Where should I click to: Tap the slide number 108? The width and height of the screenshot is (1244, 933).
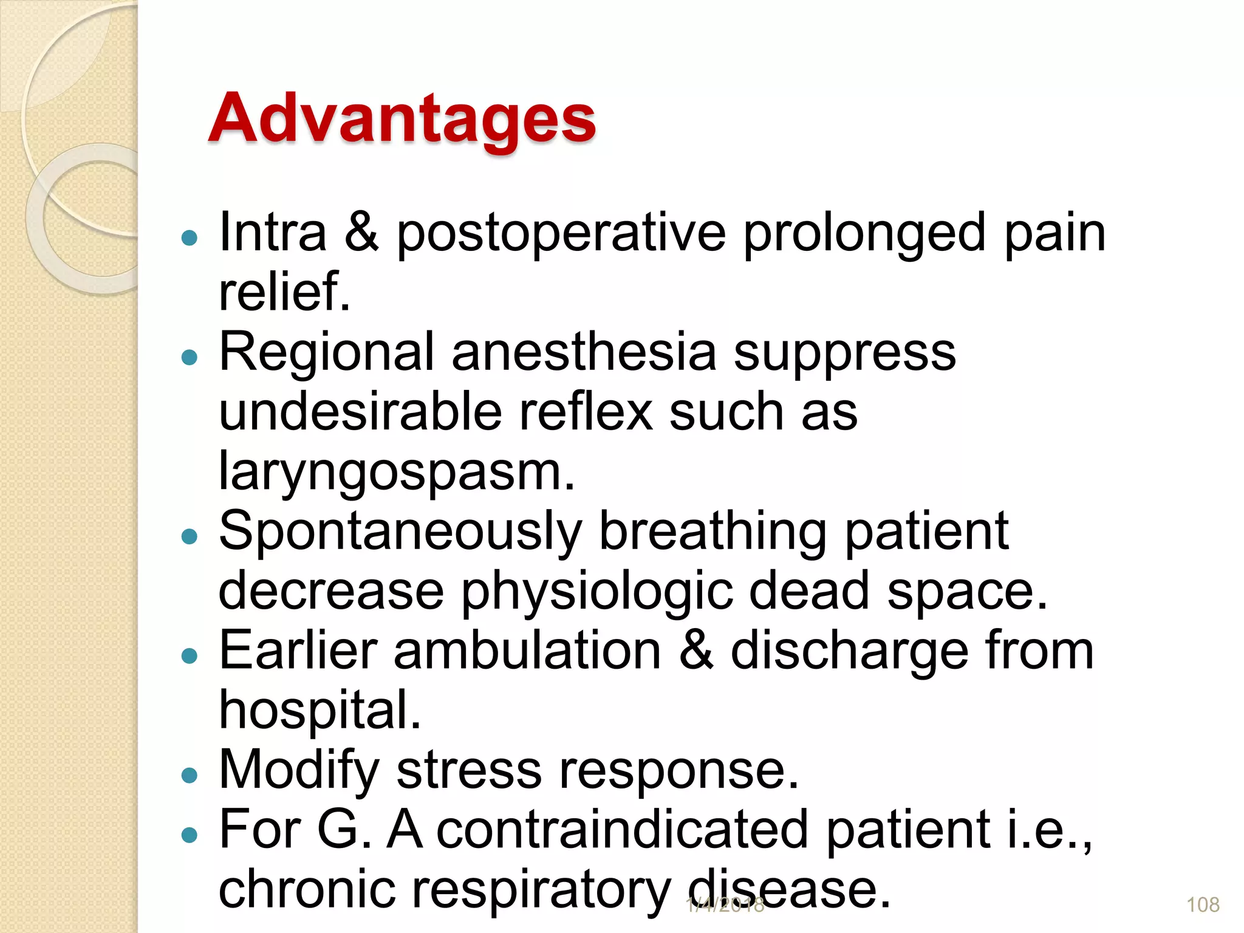pyautogui.click(x=1203, y=905)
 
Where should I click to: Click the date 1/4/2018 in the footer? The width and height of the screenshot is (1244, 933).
pyautogui.click(x=725, y=905)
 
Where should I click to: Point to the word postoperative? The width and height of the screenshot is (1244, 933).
pyautogui.click(x=561, y=234)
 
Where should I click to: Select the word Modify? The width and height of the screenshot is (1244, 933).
pyautogui.click(x=299, y=770)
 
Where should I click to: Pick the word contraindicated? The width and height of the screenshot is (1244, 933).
pyautogui.click(x=622, y=830)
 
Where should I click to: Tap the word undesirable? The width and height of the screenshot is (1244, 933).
pyautogui.click(x=360, y=412)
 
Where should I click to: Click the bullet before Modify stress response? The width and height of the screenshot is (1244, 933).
pyautogui.click(x=190, y=775)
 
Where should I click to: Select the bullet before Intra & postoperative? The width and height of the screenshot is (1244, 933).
pyautogui.click(x=190, y=238)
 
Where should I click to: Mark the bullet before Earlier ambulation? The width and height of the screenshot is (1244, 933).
pyautogui.click(x=190, y=656)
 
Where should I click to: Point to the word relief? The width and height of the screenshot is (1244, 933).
pyautogui.click(x=284, y=293)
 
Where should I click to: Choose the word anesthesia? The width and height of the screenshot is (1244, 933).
pyautogui.click(x=584, y=353)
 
